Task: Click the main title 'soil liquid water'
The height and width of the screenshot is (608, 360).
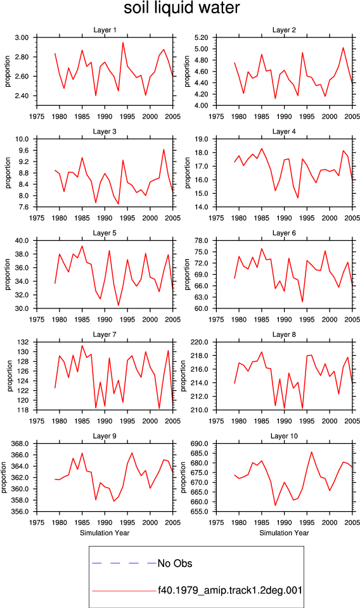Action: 181,8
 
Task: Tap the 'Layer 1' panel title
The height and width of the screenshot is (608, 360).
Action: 105,30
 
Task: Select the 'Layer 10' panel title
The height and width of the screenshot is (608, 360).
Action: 284,436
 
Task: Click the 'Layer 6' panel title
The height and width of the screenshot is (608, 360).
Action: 284,232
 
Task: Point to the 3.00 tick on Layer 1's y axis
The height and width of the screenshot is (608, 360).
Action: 22,37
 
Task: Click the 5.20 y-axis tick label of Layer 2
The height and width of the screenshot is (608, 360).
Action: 202,37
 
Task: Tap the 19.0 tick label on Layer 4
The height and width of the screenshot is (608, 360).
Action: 202,139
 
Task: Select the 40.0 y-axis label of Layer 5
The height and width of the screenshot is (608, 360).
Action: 22,241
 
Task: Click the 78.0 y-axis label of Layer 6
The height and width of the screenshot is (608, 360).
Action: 202,241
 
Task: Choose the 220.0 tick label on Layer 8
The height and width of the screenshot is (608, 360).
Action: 200,343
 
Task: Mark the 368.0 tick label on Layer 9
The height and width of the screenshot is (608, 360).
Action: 20,444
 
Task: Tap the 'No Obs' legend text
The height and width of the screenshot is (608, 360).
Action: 174,564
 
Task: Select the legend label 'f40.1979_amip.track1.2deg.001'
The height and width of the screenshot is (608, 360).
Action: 229,590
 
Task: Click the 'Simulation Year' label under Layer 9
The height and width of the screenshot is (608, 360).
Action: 105,533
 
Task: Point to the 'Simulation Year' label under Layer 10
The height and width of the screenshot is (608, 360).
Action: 284,533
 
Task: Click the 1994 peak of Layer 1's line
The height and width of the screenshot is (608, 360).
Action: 123,42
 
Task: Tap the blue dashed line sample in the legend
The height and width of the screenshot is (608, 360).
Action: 124,563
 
